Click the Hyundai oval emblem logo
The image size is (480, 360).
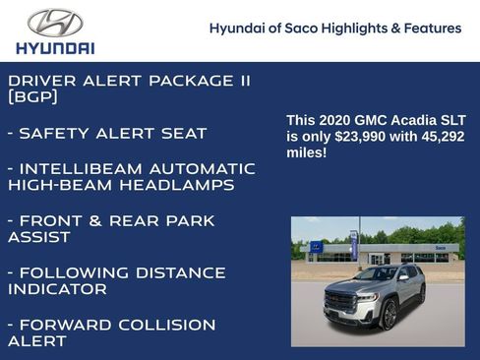[x=55, y=23]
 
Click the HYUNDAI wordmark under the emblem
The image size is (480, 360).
[x=55, y=47]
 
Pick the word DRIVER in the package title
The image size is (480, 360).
[x=42, y=81]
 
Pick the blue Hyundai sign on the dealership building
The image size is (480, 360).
[x=316, y=247]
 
